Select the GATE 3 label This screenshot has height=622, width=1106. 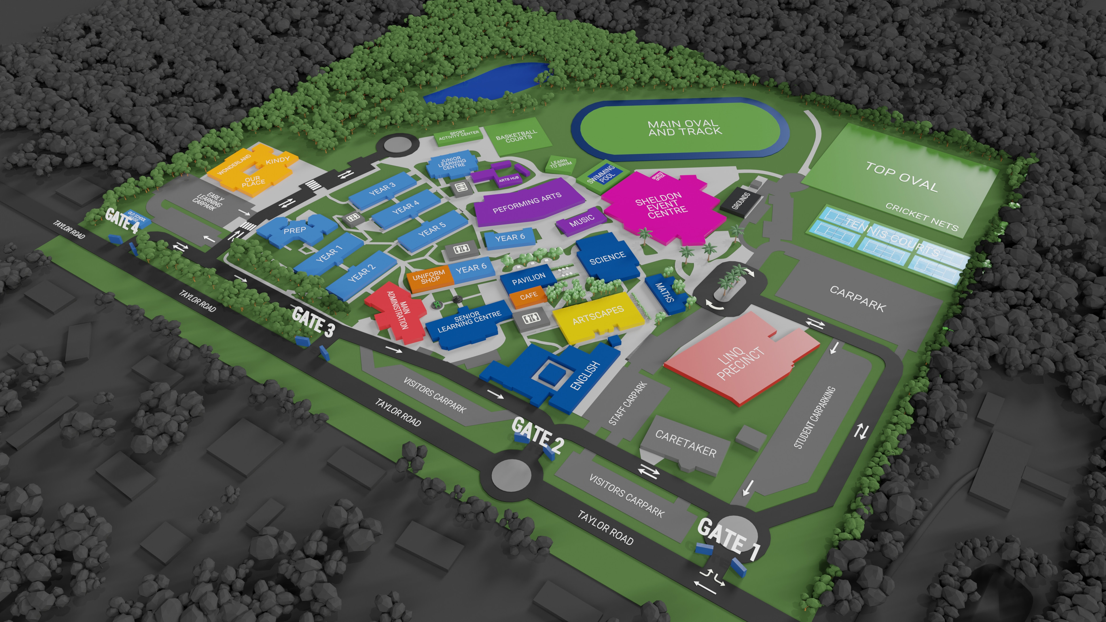[x=313, y=321]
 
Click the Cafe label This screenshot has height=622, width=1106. [x=529, y=296]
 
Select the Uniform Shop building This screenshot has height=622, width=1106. [x=429, y=277]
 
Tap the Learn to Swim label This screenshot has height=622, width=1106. [x=561, y=163]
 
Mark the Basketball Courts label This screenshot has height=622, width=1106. [x=516, y=136]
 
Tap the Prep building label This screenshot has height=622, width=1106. [x=295, y=230]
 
